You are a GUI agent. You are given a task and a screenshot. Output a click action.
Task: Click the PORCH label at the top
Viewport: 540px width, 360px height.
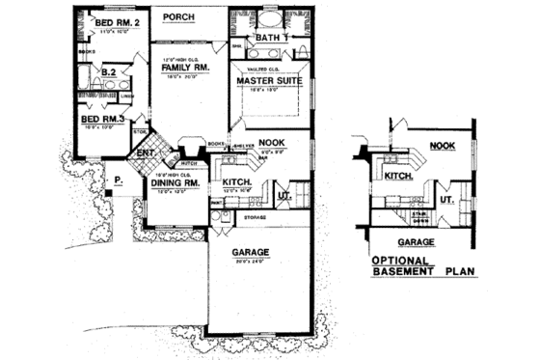[180, 16]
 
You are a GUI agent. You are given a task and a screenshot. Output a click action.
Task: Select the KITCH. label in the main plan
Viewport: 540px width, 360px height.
[237, 180]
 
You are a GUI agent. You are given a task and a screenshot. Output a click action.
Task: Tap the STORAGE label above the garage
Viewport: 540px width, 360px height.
[255, 218]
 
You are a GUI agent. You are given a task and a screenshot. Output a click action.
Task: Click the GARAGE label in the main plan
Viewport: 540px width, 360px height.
[249, 252]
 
